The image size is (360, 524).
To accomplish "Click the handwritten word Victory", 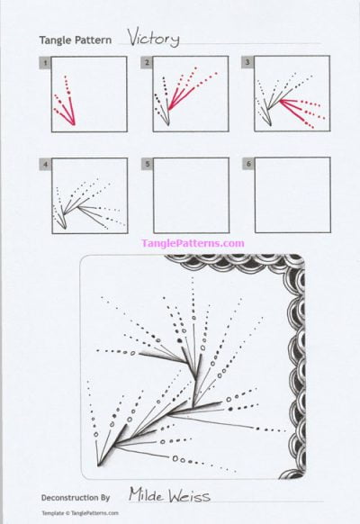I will tap(153, 38).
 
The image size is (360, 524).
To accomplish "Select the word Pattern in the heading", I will tap(93, 41).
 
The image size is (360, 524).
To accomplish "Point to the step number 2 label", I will tap(146, 62).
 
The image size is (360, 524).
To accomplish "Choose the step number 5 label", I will tap(146, 165).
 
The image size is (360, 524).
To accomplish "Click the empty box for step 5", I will tap(191, 196).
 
